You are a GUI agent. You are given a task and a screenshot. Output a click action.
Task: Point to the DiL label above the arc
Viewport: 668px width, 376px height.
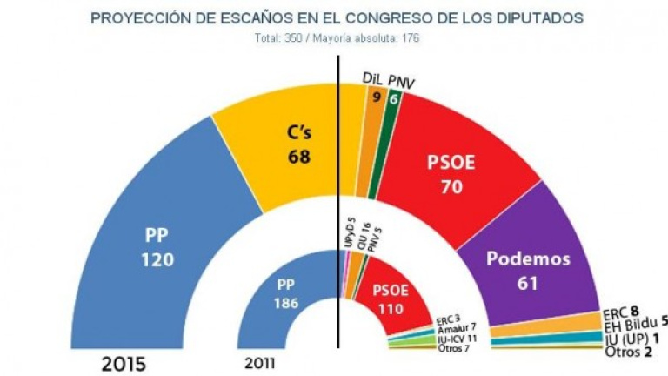(x=373, y=79)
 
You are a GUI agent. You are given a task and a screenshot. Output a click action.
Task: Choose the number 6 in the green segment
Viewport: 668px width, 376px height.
(x=394, y=100)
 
